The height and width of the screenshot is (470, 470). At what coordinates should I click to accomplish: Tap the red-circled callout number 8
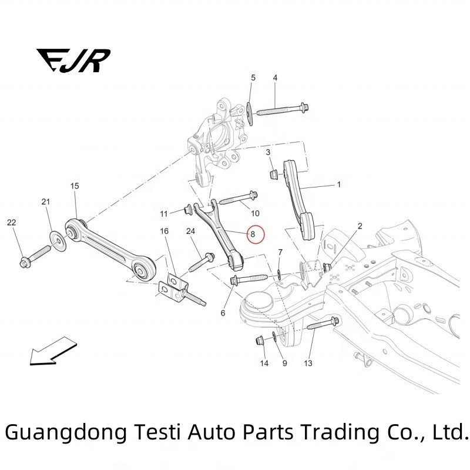(253, 234)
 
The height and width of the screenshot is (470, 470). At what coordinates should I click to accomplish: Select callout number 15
(75, 186)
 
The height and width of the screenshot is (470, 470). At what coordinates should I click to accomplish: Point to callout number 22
(12, 222)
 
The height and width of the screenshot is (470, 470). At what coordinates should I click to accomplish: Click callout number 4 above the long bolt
(274, 78)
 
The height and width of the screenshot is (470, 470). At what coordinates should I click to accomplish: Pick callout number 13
(308, 364)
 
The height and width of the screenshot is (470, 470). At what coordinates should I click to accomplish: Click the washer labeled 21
(58, 239)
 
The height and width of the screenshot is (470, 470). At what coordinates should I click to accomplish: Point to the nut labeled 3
(274, 173)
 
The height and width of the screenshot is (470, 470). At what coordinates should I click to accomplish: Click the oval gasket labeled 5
(250, 112)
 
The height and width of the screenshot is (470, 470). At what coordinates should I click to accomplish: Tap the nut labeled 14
(260, 341)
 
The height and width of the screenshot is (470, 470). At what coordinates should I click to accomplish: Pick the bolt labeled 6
(250, 278)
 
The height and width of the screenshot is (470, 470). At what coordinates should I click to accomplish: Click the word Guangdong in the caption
(65, 432)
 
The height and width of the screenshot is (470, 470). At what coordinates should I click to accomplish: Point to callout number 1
(338, 184)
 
